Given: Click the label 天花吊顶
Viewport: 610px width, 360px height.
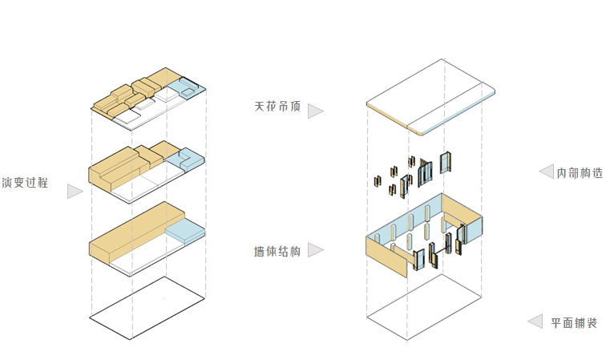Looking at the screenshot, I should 277,107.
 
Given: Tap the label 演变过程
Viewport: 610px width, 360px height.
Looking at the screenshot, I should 25,183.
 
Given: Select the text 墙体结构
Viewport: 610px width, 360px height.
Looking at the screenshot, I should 277,252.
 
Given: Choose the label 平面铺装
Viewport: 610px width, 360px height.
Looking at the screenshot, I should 574,322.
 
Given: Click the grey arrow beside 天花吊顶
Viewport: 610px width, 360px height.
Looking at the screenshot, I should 315,111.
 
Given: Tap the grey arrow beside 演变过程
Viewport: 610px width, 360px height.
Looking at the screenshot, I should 75,191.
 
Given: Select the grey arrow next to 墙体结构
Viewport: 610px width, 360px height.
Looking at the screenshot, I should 315,250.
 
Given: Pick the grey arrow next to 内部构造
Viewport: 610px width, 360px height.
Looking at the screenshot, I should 546,172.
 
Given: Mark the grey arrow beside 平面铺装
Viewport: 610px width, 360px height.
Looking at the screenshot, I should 534,322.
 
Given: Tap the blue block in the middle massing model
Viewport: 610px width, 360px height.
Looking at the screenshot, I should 189,158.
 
